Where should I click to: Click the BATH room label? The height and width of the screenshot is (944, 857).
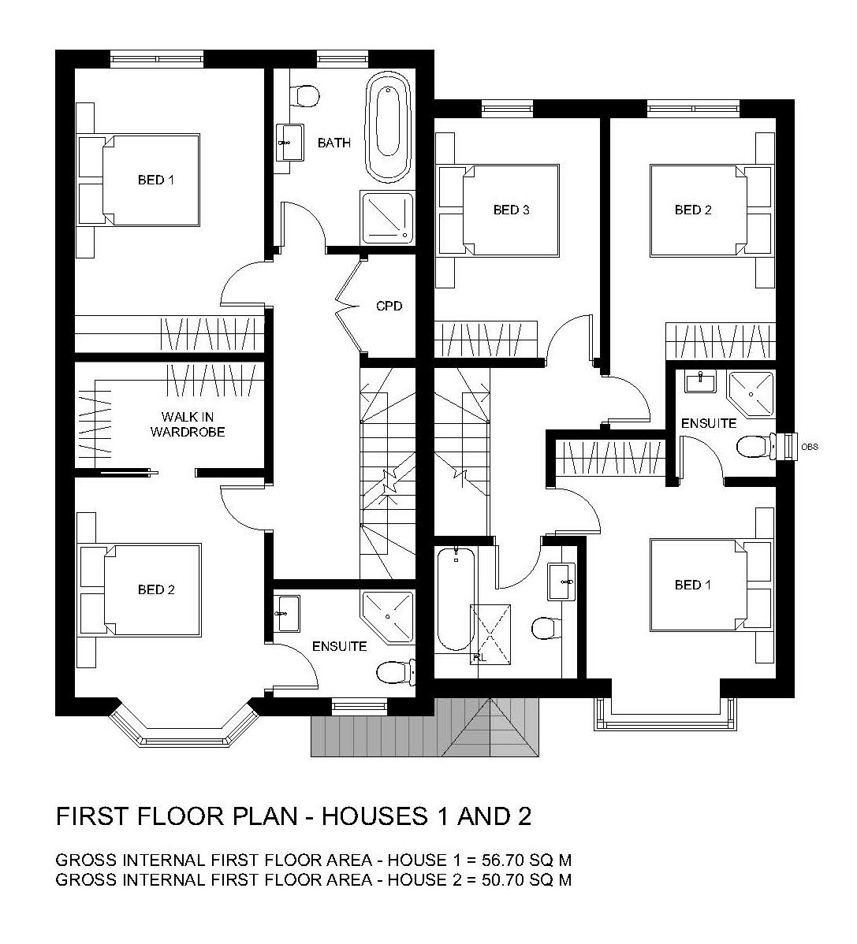point(333,143)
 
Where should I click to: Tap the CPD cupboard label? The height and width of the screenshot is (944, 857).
point(389,306)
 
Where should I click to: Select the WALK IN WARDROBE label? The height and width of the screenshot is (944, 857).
point(188,424)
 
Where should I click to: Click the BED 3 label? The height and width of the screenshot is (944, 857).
point(512,210)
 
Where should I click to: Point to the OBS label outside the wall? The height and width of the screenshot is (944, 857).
point(810,447)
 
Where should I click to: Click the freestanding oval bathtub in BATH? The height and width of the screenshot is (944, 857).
point(388,126)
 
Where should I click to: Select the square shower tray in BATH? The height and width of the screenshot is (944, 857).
point(387,217)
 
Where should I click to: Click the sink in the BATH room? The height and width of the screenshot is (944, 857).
point(289,143)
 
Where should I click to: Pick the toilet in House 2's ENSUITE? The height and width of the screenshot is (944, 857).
point(754,446)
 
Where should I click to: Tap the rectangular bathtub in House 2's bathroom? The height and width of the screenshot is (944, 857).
point(455,599)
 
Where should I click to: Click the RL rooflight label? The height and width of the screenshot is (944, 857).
point(479,658)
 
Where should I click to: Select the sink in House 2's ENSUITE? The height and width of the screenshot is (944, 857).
point(700,381)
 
